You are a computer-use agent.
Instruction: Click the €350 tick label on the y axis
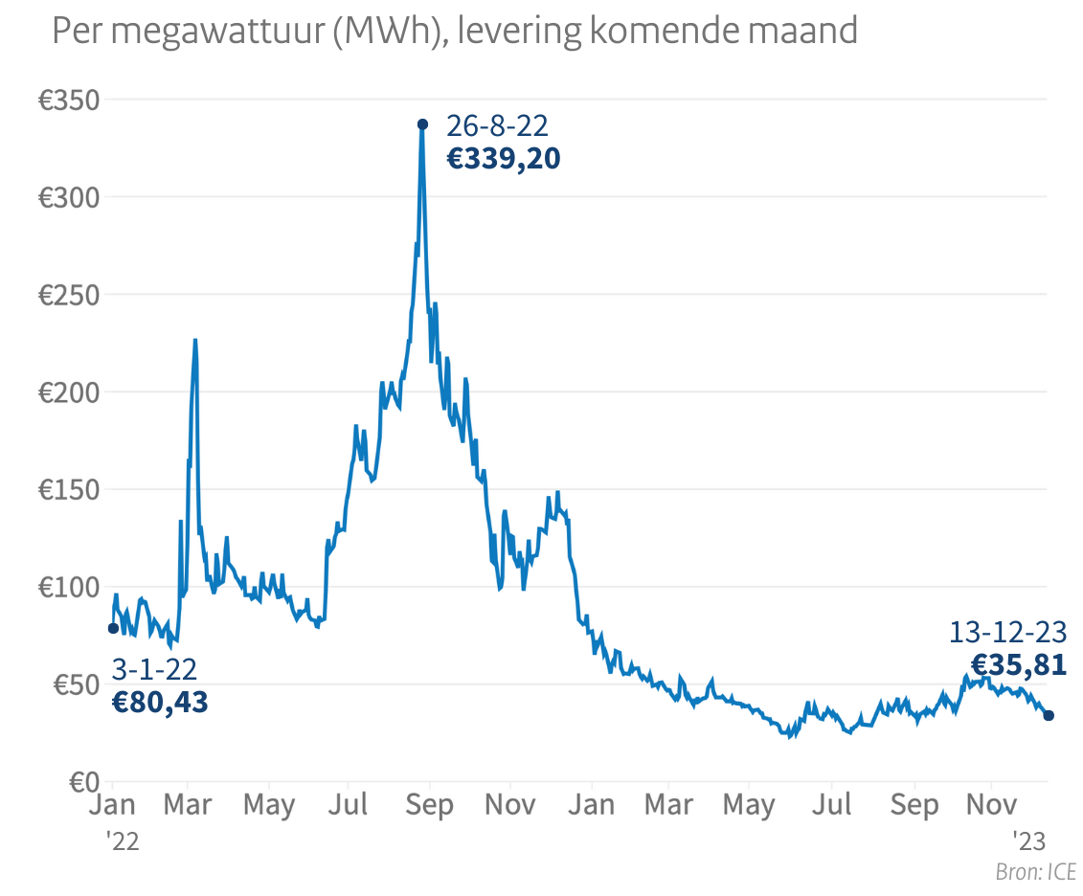pyautogui.click(x=69, y=100)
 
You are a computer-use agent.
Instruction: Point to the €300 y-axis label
pyautogui.click(x=69, y=197)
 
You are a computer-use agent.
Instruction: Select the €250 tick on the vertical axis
pyautogui.click(x=69, y=295)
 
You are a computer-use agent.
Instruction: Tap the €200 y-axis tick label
pyautogui.click(x=69, y=392)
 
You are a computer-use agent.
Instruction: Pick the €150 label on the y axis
pyautogui.click(x=69, y=490)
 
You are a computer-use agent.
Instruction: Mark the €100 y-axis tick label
pyautogui.click(x=69, y=587)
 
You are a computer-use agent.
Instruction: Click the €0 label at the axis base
pyautogui.click(x=79, y=782)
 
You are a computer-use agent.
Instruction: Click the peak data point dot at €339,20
pyautogui.click(x=422, y=123)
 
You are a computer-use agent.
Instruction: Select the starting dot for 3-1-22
pyautogui.click(x=113, y=628)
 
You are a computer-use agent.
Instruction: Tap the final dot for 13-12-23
pyautogui.click(x=1049, y=715)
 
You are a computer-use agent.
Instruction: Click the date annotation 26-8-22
pyautogui.click(x=497, y=125)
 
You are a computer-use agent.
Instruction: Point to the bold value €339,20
pyautogui.click(x=504, y=158)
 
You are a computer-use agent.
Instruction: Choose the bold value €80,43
pyautogui.click(x=160, y=703)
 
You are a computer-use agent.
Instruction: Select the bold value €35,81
pyautogui.click(x=1018, y=664)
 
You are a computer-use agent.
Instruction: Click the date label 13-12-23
pyautogui.click(x=1007, y=633)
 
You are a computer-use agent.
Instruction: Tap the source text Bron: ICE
pyautogui.click(x=1035, y=872)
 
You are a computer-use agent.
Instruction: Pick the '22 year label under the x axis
pyautogui.click(x=123, y=841)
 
